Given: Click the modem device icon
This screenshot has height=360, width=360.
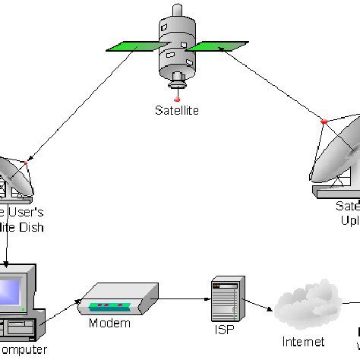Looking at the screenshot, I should click(x=111, y=298).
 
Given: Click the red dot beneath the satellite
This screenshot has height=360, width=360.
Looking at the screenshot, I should click(x=176, y=99).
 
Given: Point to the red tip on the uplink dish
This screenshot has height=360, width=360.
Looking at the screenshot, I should click(x=323, y=120).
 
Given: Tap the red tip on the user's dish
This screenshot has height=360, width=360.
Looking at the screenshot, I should click(x=25, y=163).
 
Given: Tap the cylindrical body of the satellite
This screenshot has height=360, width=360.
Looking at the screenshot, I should click(x=175, y=50).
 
